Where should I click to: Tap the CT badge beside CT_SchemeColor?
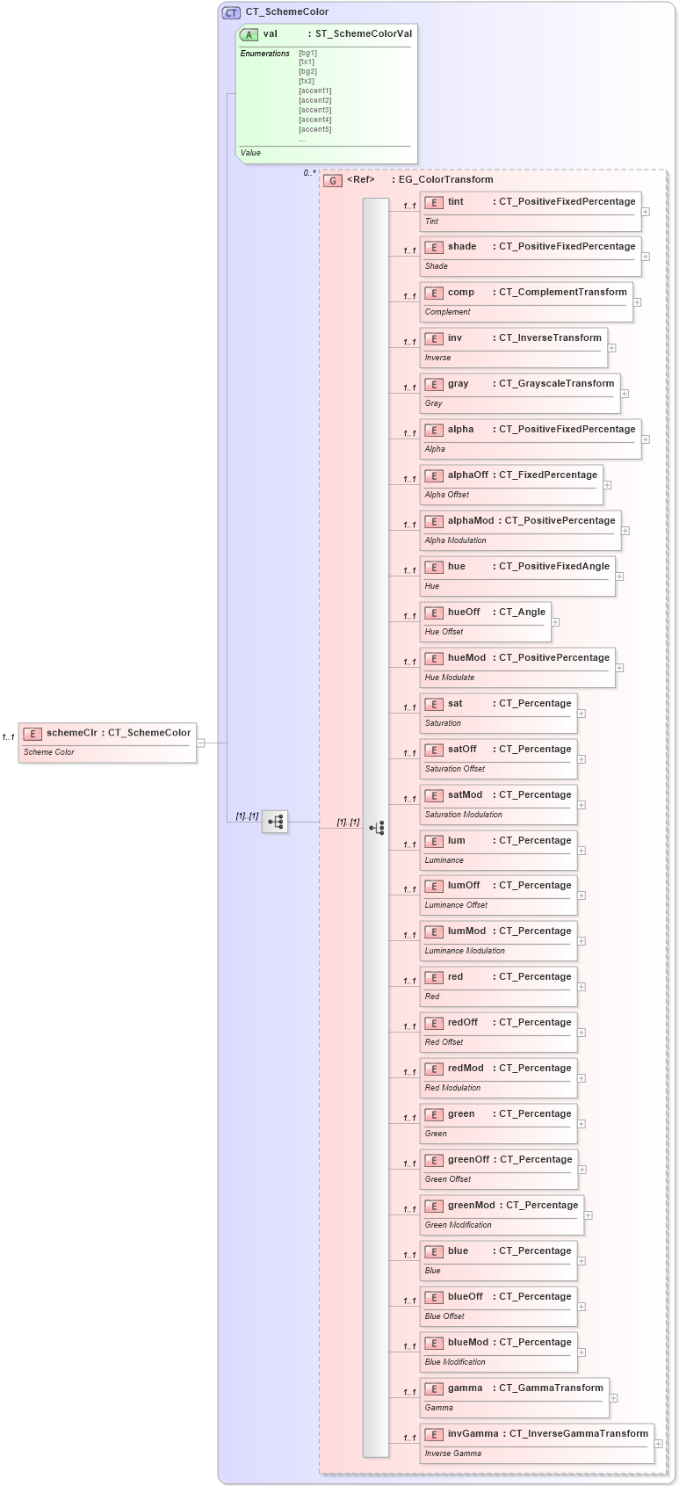[x=231, y=12]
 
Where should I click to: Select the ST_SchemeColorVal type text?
[x=363, y=33]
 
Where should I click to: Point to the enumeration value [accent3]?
[x=314, y=110]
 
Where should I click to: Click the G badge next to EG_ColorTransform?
[x=333, y=180]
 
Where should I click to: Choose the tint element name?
[x=455, y=201]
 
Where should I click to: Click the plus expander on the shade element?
[x=646, y=257]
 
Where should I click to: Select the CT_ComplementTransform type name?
[x=562, y=292]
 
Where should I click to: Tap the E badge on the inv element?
[x=433, y=338]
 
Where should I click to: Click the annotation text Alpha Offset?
[x=446, y=495]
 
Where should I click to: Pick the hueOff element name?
[x=464, y=612]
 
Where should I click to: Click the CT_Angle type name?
[x=522, y=612]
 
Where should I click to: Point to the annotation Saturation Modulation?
[x=463, y=815]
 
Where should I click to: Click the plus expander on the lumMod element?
[x=581, y=941]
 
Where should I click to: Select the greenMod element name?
[x=471, y=1205]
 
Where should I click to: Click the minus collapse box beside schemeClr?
[x=201, y=743]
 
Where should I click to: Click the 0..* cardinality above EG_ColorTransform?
[x=309, y=173]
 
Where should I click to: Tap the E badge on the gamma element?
[x=433, y=1388]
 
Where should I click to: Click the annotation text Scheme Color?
[x=48, y=752]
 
